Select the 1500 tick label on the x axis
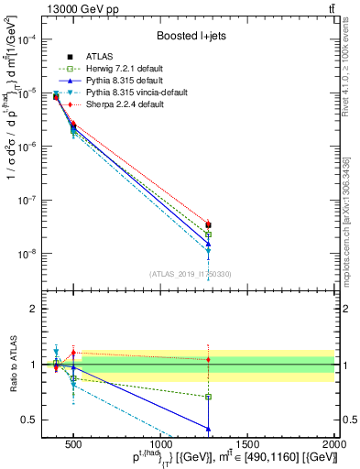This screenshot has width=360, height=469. pyautogui.click(x=248, y=444)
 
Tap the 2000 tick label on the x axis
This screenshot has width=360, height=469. pyautogui.click(x=334, y=444)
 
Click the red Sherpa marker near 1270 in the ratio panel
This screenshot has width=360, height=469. pyautogui.click(x=209, y=360)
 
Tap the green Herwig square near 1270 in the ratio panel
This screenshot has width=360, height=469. pyautogui.click(x=209, y=397)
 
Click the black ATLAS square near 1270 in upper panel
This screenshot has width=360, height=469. pyautogui.click(x=209, y=224)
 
